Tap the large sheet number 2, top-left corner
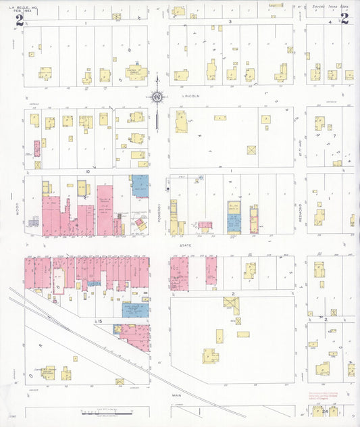(20, 20)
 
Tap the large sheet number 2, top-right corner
(344, 18)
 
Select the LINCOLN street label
(191, 97)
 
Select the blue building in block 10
(140, 185)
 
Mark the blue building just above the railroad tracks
(136, 309)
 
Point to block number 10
(87, 172)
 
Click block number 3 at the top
(230, 22)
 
